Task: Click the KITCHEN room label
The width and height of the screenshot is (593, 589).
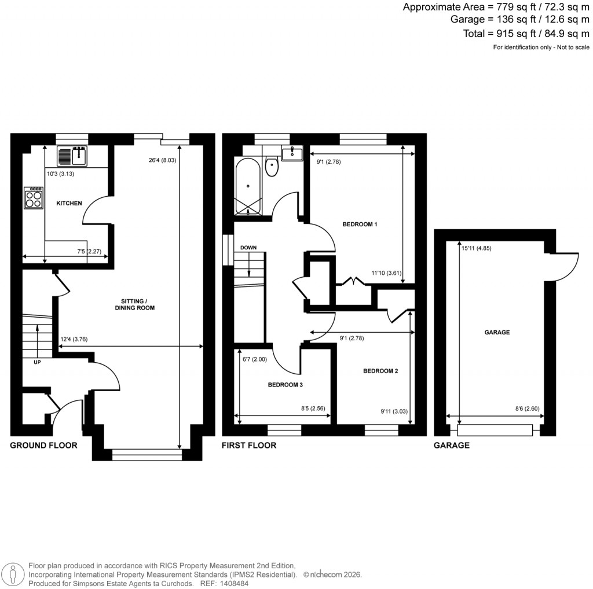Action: click(69, 203)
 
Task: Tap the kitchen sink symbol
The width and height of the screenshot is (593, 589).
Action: click(72, 155)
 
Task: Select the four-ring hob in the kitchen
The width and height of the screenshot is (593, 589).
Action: click(34, 198)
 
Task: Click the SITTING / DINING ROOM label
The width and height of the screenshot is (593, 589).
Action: click(138, 304)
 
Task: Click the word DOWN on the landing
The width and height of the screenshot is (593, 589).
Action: click(248, 248)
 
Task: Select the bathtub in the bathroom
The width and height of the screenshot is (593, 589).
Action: click(248, 185)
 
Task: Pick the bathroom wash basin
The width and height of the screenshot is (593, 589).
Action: click(292, 153)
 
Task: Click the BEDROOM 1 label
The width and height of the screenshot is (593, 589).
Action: click(360, 224)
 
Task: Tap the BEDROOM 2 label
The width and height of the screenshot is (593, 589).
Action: click(380, 371)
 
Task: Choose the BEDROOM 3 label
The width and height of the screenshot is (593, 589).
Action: click(285, 384)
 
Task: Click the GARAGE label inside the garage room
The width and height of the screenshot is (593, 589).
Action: click(497, 333)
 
